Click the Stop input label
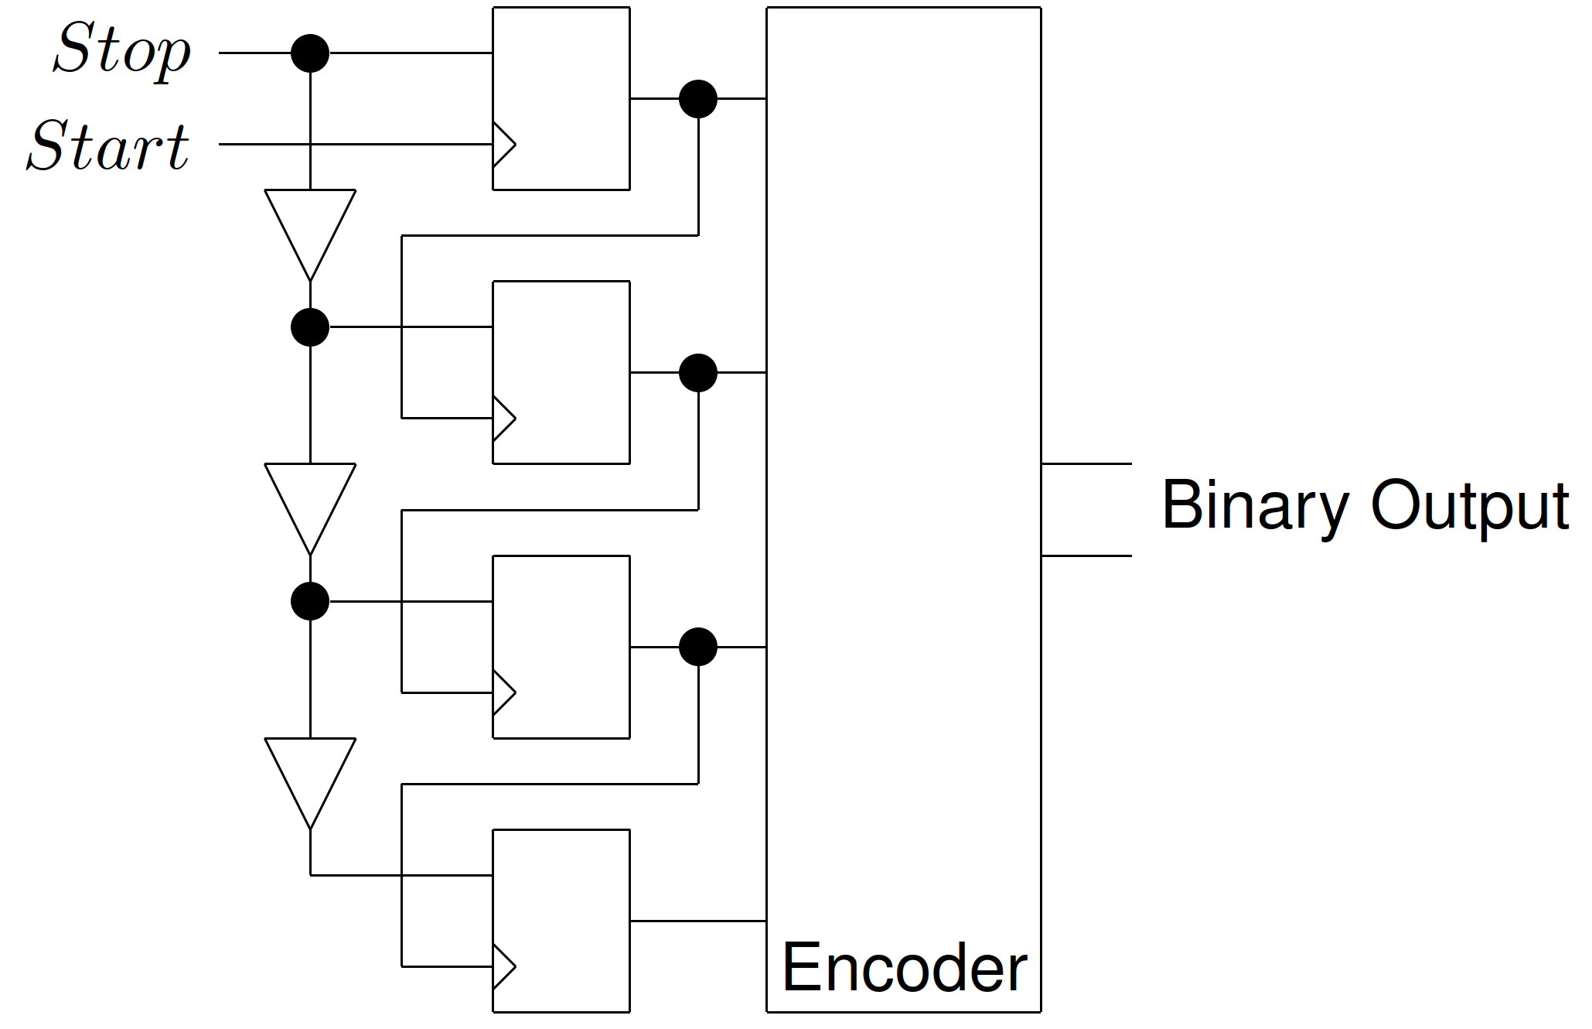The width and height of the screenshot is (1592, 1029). coord(122,50)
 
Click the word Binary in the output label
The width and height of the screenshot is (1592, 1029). coord(1255,507)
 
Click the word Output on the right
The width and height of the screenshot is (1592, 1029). coord(1469,507)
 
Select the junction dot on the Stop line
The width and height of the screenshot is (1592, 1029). coord(310,53)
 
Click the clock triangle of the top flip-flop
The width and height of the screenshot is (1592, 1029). coord(503,145)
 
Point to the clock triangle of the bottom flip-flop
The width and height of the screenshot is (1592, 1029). coord(503,966)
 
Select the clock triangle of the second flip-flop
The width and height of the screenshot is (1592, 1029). coord(503,419)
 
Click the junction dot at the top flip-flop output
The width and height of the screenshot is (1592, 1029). coord(698,99)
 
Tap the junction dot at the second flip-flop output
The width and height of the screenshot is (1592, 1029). coord(698,373)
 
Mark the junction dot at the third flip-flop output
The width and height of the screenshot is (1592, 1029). coord(698,647)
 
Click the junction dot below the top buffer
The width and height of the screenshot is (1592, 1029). coord(310,327)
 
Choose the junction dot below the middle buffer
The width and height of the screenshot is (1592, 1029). coord(310,601)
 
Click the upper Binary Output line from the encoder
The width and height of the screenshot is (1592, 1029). coord(1086,464)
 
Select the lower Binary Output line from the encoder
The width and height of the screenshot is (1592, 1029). coord(1086,556)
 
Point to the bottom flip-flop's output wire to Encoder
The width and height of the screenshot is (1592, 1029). coord(698,921)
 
